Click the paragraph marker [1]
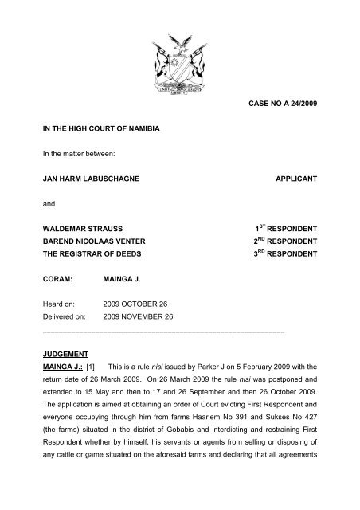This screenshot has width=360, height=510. [x=85, y=366]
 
